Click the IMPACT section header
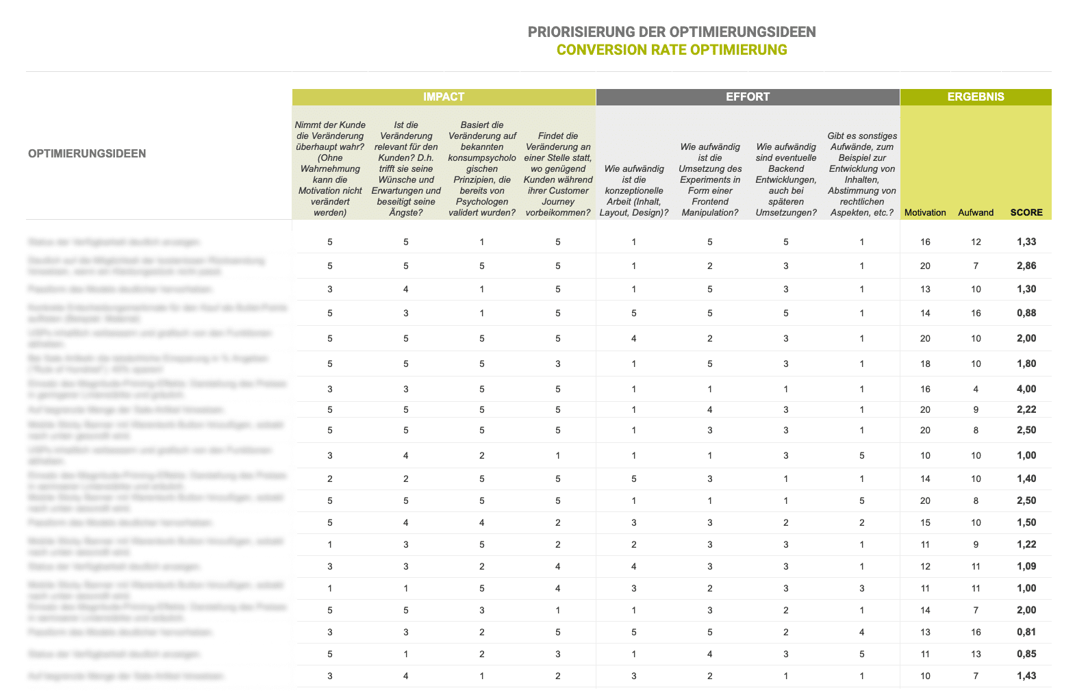click(x=444, y=97)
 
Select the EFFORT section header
click(x=748, y=97)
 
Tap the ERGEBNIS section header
click(x=976, y=97)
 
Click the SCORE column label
click(x=1026, y=212)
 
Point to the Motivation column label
click(x=925, y=212)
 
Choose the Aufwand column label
click(x=976, y=212)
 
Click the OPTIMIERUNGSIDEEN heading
click(x=87, y=153)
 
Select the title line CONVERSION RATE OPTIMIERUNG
click(x=672, y=50)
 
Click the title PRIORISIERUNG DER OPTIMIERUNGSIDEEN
click(x=672, y=32)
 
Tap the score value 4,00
click(x=1026, y=389)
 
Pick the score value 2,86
click(x=1026, y=266)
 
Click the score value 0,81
click(x=1026, y=632)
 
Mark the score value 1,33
click(x=1026, y=242)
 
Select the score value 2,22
click(x=1026, y=409)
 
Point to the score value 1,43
click(x=1026, y=676)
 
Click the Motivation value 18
click(x=925, y=364)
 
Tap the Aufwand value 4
click(x=976, y=389)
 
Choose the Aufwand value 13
click(x=976, y=654)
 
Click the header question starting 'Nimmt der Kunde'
click(x=330, y=168)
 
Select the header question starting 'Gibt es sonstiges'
click(x=862, y=174)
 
